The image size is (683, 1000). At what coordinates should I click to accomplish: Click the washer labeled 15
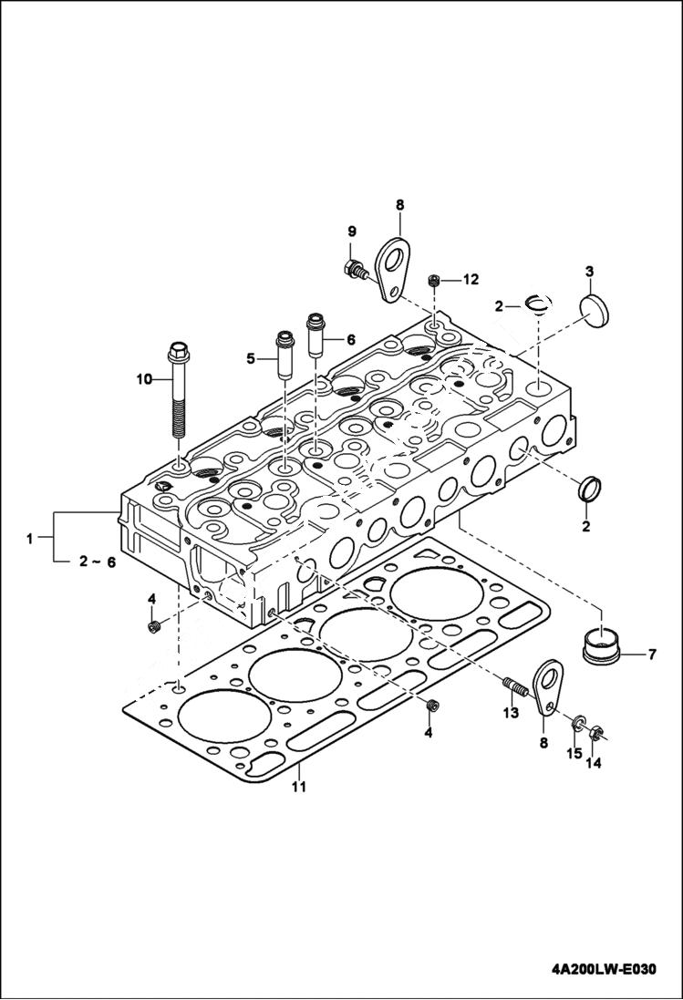[577, 725]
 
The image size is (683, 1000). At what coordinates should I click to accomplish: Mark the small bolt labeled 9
[356, 268]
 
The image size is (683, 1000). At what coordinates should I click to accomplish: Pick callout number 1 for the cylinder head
[30, 539]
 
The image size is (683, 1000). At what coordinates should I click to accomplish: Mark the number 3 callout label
[589, 272]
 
